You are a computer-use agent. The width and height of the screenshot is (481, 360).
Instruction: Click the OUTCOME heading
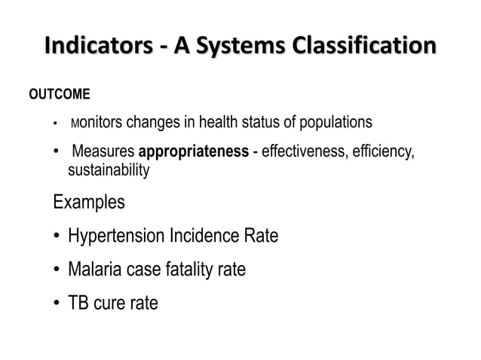60,95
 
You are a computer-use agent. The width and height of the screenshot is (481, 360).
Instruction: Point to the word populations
334,122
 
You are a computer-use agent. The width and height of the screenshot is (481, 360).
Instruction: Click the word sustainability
109,171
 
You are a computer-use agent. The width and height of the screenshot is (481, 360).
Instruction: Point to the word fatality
187,270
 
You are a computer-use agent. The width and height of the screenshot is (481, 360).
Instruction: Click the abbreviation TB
79,304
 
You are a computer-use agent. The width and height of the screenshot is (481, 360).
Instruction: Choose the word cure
112,304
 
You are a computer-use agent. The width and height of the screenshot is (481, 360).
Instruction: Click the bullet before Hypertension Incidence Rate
57,237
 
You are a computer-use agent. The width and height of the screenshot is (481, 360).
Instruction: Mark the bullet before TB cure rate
57,304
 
